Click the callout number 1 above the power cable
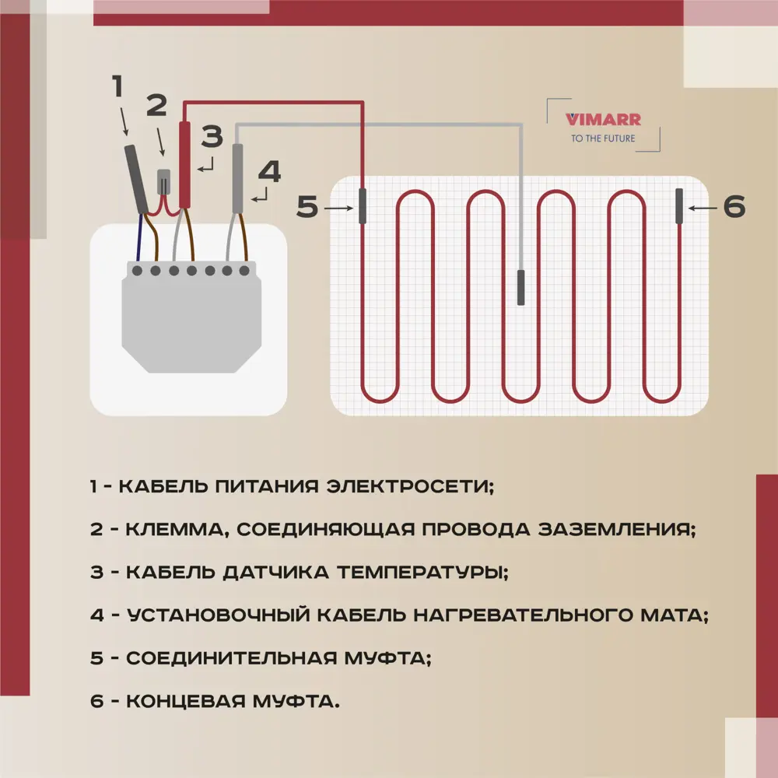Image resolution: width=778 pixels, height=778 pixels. [x=118, y=87]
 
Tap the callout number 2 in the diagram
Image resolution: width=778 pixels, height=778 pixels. [x=156, y=105]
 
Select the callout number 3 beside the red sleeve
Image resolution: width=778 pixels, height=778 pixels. [x=211, y=138]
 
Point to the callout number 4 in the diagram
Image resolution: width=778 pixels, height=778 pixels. [x=268, y=172]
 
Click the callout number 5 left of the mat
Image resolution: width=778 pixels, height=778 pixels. [x=307, y=208]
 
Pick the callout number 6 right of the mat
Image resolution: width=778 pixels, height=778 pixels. [x=734, y=207]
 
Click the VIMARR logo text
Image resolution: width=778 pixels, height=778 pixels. [x=603, y=120]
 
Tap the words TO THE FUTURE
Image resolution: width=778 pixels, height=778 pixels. [x=603, y=138]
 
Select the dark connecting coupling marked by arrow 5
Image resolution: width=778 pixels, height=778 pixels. [x=363, y=206]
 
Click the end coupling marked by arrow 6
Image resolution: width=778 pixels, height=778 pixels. [x=679, y=205]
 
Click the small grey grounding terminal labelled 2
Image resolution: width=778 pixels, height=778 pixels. [x=164, y=182]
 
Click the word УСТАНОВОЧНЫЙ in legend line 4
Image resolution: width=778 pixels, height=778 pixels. [x=219, y=615]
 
